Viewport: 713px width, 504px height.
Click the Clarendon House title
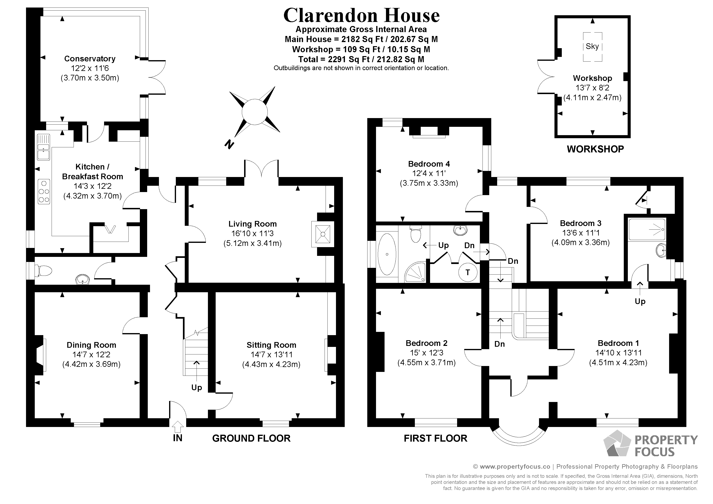pyautogui.click(x=361, y=15)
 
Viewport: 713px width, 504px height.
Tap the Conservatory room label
pyautogui.click(x=90, y=59)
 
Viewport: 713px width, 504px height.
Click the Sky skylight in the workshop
pyautogui.click(x=592, y=47)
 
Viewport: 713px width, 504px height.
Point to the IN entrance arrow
pyautogui.click(x=178, y=427)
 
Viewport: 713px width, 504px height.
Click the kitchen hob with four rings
pyautogui.click(x=44, y=191)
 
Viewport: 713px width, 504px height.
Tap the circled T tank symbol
pyautogui.click(x=468, y=272)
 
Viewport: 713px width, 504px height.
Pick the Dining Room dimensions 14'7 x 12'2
pyautogui.click(x=91, y=355)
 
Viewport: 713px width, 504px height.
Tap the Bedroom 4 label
pyautogui.click(x=429, y=164)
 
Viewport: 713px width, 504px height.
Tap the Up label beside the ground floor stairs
pyautogui.click(x=196, y=388)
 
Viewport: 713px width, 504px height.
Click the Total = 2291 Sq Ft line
pyautogui.click(x=361, y=59)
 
